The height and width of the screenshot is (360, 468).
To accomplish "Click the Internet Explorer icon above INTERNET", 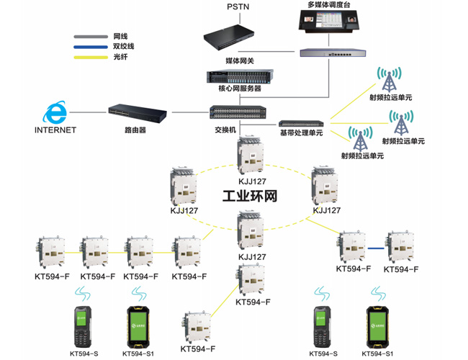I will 55,112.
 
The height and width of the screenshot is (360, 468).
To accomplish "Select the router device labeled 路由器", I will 138,113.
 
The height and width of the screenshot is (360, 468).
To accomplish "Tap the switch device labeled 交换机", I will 238,113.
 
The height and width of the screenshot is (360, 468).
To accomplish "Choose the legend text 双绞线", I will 123,46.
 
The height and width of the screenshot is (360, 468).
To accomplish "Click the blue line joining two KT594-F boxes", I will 374,248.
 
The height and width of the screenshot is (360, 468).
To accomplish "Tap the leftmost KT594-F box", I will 52,251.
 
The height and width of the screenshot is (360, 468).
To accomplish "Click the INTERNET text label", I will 55,130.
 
